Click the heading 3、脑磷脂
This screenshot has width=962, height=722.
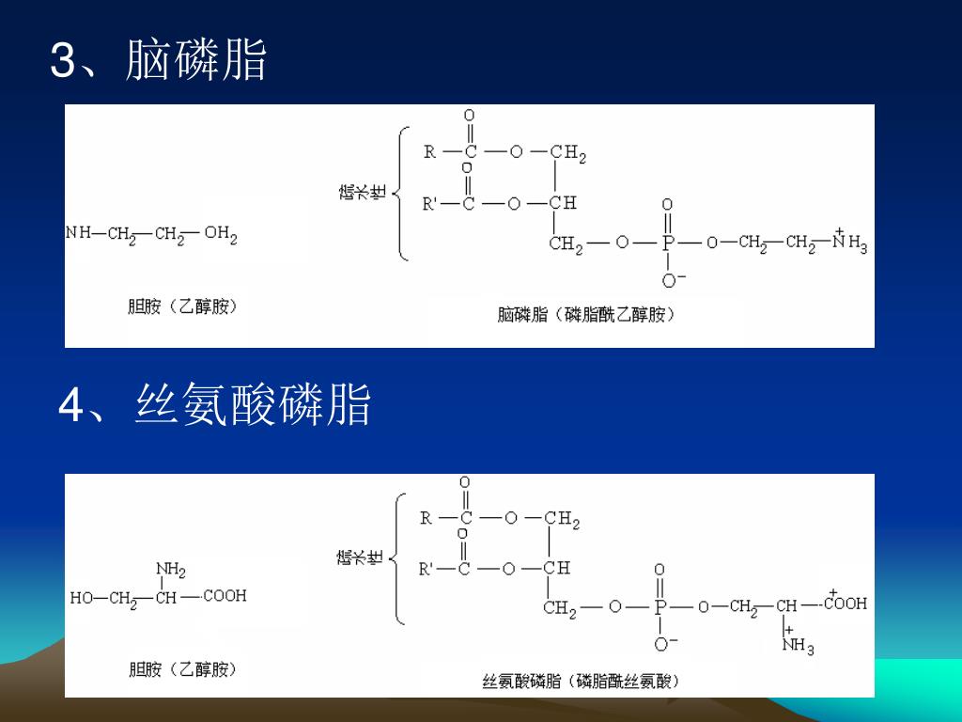(158, 60)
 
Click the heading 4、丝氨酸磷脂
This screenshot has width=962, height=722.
(215, 405)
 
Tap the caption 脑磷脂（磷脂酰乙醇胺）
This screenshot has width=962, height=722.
(586, 315)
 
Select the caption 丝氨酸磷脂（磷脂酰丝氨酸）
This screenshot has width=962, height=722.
(580, 681)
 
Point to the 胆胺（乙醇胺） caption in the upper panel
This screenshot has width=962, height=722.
(182, 306)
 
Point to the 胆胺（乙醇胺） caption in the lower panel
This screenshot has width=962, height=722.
(182, 670)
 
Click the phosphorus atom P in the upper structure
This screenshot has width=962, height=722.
(668, 243)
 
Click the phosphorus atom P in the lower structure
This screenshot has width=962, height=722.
(660, 607)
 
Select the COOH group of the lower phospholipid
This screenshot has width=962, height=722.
(845, 604)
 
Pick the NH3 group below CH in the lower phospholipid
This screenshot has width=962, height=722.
(797, 647)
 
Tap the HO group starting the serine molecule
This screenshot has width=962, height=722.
(82, 598)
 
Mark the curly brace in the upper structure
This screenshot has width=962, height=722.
(400, 195)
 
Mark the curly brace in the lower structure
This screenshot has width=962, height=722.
(400, 558)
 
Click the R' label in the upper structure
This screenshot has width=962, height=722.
(431, 204)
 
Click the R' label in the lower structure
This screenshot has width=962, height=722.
(427, 568)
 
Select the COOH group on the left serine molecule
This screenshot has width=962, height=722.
(225, 595)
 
